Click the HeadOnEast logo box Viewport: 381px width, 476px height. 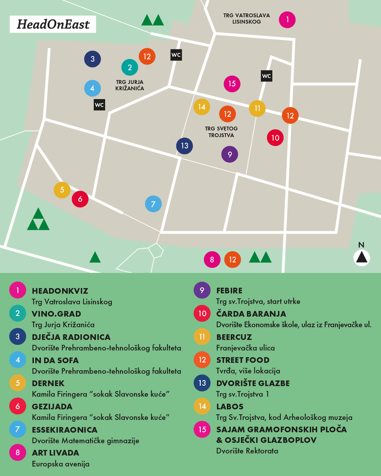click(53, 24)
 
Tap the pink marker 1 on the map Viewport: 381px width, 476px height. click(287, 19)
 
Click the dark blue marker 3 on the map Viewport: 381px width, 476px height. click(92, 59)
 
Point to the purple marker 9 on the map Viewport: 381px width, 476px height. click(230, 154)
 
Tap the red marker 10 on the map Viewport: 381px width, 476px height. click(275, 138)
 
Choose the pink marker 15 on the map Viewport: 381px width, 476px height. click(232, 83)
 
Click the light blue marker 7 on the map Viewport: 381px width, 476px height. click(153, 204)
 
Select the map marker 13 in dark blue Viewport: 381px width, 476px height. click(185, 146)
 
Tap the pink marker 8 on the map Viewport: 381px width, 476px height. click(212, 259)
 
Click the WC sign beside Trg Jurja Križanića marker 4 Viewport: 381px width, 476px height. click(99, 104)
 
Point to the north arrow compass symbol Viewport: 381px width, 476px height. click(362, 256)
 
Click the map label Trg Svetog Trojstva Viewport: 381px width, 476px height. click(221, 132)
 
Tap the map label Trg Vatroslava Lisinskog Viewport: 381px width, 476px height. click(247, 18)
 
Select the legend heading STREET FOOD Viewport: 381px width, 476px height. click(243, 360)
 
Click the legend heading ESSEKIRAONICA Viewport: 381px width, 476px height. click(65, 429)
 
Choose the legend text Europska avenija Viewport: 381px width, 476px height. click(61, 464)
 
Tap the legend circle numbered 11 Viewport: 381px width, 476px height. click(202, 337)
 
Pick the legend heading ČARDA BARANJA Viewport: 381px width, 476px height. click(251, 314)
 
